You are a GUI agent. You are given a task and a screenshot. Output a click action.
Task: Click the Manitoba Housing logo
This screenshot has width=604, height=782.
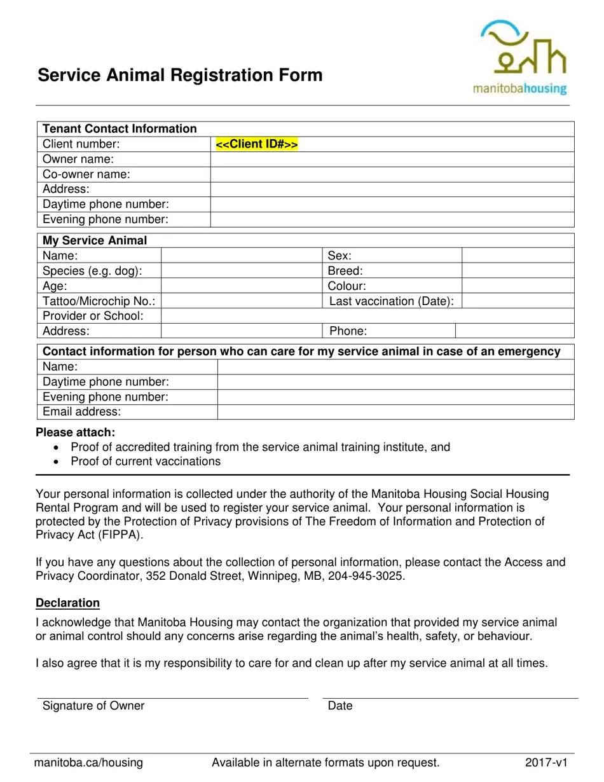519,57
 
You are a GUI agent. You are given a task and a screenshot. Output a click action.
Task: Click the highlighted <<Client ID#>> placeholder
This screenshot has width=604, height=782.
257,144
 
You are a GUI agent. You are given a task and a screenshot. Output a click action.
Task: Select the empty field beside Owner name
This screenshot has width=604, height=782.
392,160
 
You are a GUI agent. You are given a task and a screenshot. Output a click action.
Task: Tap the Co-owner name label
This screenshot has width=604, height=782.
86,174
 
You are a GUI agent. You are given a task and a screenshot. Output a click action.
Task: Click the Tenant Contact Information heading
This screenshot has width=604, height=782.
120,129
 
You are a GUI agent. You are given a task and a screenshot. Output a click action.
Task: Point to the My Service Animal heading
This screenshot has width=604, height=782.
95,241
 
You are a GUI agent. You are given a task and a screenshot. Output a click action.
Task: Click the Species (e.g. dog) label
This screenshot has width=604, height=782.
92,271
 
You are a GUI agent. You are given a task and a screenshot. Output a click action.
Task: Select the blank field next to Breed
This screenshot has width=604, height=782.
517,271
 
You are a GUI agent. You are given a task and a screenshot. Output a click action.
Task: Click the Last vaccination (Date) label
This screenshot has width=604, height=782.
391,301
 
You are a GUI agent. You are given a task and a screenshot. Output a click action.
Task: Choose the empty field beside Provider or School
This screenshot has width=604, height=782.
367,316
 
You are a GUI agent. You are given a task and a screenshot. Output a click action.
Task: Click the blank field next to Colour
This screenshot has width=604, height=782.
517,286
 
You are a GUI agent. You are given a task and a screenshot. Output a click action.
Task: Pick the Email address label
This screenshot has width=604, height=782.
81,412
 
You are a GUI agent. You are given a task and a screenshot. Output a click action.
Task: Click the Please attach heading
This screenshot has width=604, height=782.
76,433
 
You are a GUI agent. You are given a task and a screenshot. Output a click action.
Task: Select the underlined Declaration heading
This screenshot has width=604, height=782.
68,603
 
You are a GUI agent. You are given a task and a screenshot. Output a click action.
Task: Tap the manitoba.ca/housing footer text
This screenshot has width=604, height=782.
89,763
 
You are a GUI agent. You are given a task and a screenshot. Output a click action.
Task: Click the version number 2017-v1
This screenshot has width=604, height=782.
546,763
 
